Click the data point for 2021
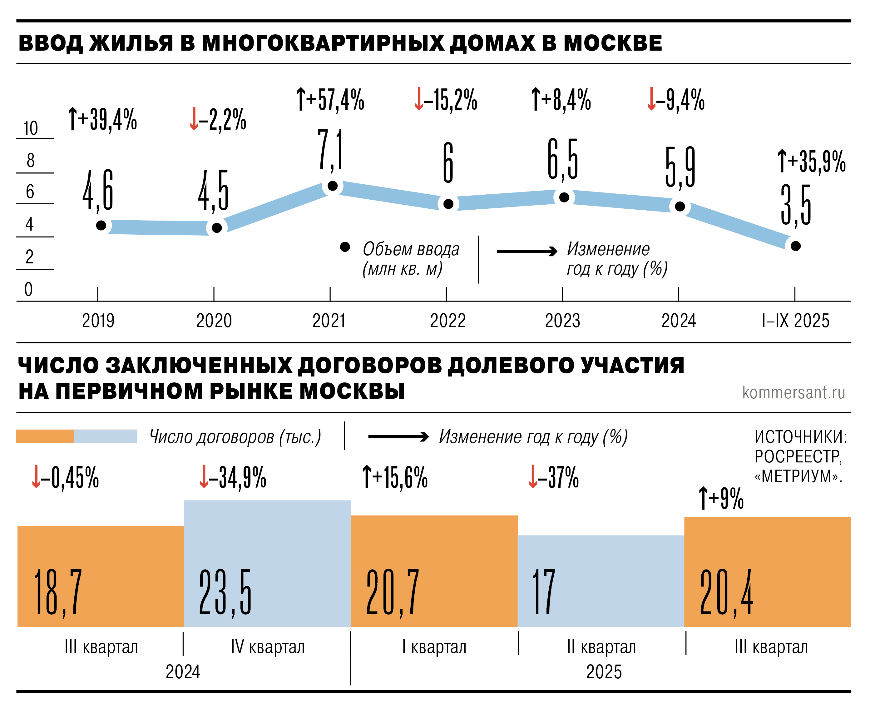[x=332, y=186]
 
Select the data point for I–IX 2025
[x=795, y=246]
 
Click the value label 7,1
[x=330, y=150]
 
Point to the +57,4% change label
[x=330, y=99]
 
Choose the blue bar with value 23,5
[x=268, y=563]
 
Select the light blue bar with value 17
[x=601, y=581]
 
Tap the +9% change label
[x=721, y=498]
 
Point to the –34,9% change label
[x=233, y=477]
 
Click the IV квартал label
[x=268, y=647]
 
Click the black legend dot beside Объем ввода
[x=345, y=247]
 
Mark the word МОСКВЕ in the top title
[x=613, y=43]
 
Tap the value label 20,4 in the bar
[x=726, y=592]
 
